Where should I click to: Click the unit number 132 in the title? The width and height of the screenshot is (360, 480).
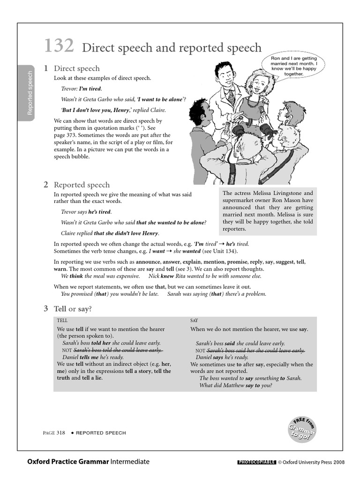(59, 46)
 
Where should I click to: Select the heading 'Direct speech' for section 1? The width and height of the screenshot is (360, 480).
(76, 68)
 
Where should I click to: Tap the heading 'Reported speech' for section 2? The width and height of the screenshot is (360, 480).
(82, 185)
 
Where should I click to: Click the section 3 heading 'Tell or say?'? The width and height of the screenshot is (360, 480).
(73, 308)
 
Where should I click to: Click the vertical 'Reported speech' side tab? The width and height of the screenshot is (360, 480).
(30, 93)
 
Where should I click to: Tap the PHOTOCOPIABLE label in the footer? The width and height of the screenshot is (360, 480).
(256, 462)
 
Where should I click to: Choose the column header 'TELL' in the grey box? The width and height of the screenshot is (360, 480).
(62, 321)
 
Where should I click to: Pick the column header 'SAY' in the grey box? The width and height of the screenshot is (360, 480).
(195, 321)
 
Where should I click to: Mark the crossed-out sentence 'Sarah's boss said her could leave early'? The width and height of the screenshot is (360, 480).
(255, 350)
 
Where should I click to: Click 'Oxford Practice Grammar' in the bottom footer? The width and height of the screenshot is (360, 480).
(68, 462)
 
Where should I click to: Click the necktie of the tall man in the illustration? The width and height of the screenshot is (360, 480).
(231, 97)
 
